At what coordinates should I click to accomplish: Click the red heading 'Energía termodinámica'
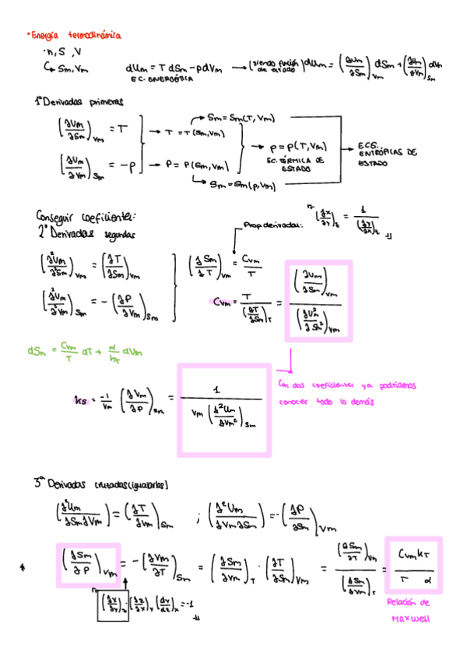click(x=73, y=35)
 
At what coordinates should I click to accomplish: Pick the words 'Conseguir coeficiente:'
click(x=86, y=215)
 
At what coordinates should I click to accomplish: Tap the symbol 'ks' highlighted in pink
click(x=80, y=400)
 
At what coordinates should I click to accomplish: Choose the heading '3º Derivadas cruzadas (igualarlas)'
click(x=101, y=484)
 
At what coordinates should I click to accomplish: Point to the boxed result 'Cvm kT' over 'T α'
click(x=413, y=567)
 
